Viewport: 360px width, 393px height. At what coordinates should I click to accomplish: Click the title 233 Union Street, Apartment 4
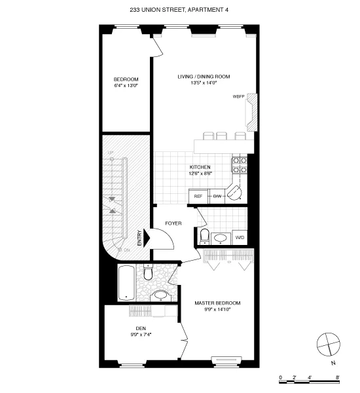(179, 10)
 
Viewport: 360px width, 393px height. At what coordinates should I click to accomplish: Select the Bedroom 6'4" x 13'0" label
(126, 83)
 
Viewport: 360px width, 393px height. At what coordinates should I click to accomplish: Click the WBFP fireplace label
(239, 97)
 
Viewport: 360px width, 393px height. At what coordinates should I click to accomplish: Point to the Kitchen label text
(200, 170)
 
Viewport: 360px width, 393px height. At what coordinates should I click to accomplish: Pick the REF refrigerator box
(197, 196)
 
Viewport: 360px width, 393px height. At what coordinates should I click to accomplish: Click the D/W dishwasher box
(216, 196)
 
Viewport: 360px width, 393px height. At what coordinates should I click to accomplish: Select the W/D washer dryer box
(240, 236)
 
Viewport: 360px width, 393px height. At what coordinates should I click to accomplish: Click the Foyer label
(173, 224)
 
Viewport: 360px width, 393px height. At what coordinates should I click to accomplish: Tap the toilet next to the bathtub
(148, 272)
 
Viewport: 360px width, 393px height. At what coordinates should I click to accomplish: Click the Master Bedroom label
(217, 306)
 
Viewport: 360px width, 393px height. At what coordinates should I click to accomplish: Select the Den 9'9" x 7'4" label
(141, 332)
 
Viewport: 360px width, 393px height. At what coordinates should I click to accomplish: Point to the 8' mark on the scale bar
(338, 378)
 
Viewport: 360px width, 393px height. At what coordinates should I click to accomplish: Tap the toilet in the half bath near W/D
(204, 236)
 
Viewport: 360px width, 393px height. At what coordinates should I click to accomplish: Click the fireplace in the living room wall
(253, 109)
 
